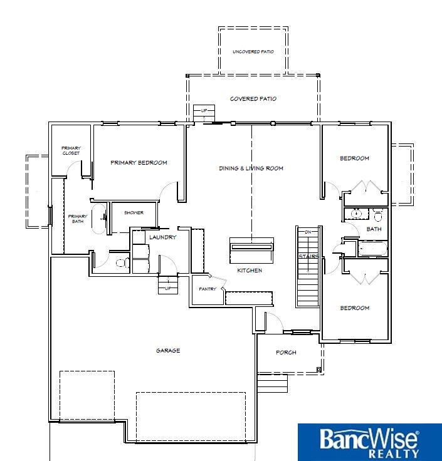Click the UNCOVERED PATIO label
click(x=253, y=52)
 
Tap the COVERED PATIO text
click(x=253, y=99)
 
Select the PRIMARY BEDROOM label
click(x=139, y=163)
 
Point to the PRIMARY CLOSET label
click(x=71, y=150)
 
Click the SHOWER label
click(x=134, y=212)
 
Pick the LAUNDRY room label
click(x=163, y=237)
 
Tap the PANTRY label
click(x=208, y=289)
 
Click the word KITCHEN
click(x=250, y=270)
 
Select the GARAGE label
click(x=168, y=351)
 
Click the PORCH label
click(x=286, y=352)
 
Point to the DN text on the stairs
click(x=308, y=232)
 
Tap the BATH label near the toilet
click(x=374, y=229)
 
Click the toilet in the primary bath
click(x=123, y=262)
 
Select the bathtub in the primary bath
click(x=99, y=219)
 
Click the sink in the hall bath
click(x=356, y=213)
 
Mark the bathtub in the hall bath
click(x=373, y=249)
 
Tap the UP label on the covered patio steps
click(x=204, y=111)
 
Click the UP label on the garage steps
click(x=168, y=288)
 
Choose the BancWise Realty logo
click(x=370, y=442)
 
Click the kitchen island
click(x=251, y=251)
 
